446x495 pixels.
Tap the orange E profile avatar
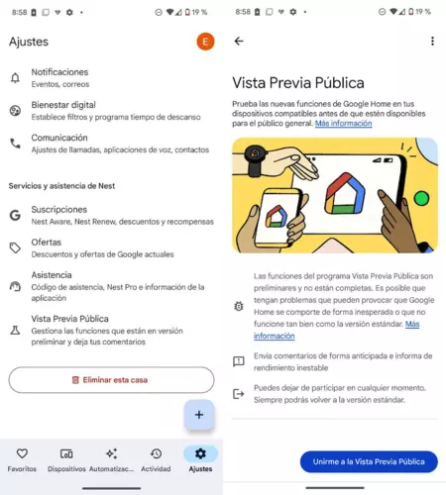[x=205, y=42]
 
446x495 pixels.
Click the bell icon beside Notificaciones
[x=15, y=78]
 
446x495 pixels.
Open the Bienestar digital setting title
[x=63, y=105]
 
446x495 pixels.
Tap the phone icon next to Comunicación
[x=15, y=144]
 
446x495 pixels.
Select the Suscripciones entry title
[x=59, y=210]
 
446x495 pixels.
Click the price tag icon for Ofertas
[x=15, y=247]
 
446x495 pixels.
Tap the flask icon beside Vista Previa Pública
[x=15, y=330]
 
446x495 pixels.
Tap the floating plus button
[x=199, y=415]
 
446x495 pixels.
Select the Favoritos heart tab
[x=22, y=453]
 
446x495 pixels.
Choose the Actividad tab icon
[x=156, y=453]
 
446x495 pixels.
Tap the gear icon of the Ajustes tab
[x=200, y=453]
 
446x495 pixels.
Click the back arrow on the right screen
[x=239, y=41]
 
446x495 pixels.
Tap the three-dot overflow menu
[x=432, y=41]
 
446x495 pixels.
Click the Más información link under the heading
[x=343, y=123]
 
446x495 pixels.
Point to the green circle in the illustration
[x=421, y=199]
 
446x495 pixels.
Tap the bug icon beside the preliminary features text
[x=239, y=306]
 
